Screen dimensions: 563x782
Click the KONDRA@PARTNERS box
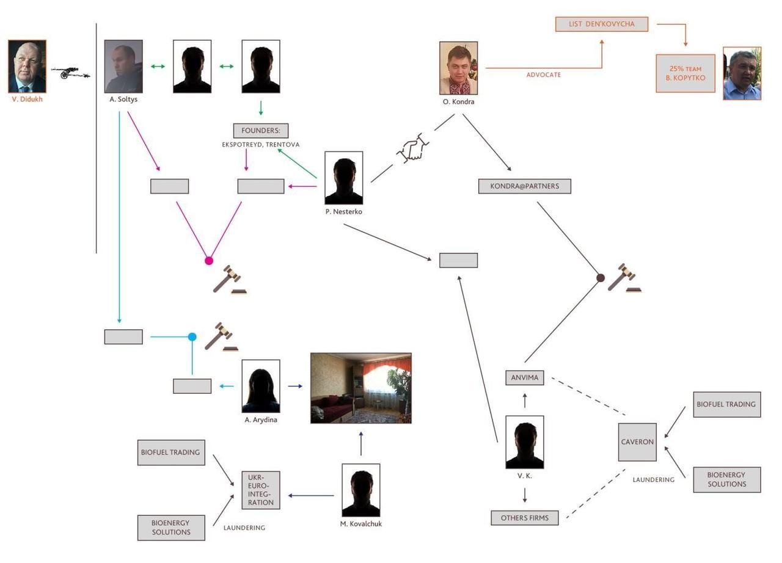pyautogui.click(x=525, y=186)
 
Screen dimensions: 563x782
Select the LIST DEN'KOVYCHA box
pyautogui.click(x=601, y=24)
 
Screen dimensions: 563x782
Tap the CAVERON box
pyautogui.click(x=637, y=442)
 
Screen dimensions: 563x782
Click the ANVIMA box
pyautogui.click(x=525, y=377)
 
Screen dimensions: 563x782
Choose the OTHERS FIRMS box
pyautogui.click(x=525, y=518)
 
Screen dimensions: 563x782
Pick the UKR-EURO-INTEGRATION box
pyautogui.click(x=261, y=490)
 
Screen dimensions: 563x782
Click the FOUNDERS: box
pyautogui.click(x=260, y=131)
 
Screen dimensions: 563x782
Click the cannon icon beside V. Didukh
pyautogui.click(x=70, y=73)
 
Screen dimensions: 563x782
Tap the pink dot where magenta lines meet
pyautogui.click(x=209, y=261)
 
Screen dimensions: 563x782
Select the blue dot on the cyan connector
pyautogui.click(x=192, y=336)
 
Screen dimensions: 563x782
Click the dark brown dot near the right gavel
pyautogui.click(x=601, y=278)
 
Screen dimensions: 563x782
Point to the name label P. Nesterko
pyautogui.click(x=343, y=212)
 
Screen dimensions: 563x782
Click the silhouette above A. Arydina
pyautogui.click(x=261, y=386)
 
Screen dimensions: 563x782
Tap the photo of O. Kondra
pyautogui.click(x=458, y=68)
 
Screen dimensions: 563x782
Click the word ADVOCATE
pyautogui.click(x=544, y=75)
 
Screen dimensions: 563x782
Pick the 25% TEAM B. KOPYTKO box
pyautogui.click(x=685, y=73)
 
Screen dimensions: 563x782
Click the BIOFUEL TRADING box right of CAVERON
pyautogui.click(x=727, y=404)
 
